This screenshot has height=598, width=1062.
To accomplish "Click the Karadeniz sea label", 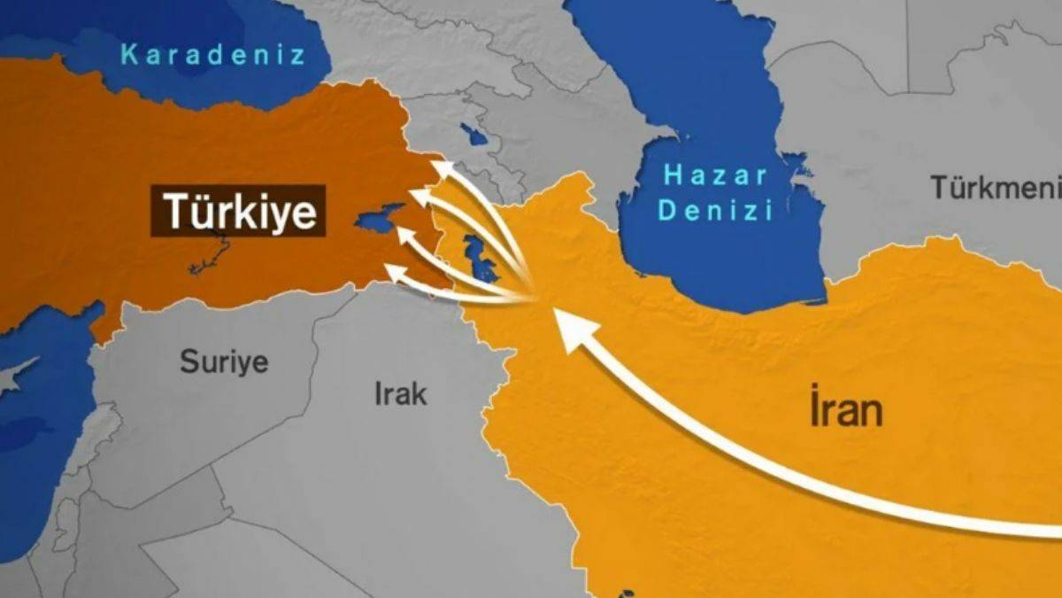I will tap(212, 55).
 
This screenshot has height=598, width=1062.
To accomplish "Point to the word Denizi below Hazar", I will tap(716, 210).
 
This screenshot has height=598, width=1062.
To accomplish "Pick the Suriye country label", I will tap(224, 361).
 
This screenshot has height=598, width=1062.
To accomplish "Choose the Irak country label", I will tap(400, 393).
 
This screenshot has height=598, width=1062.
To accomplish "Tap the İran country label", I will tap(845, 410).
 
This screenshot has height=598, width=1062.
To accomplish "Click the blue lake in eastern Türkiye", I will tap(379, 219).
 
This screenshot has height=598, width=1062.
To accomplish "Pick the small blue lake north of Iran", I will tap(475, 135).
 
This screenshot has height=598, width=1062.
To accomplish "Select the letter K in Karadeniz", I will tap(129, 55).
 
